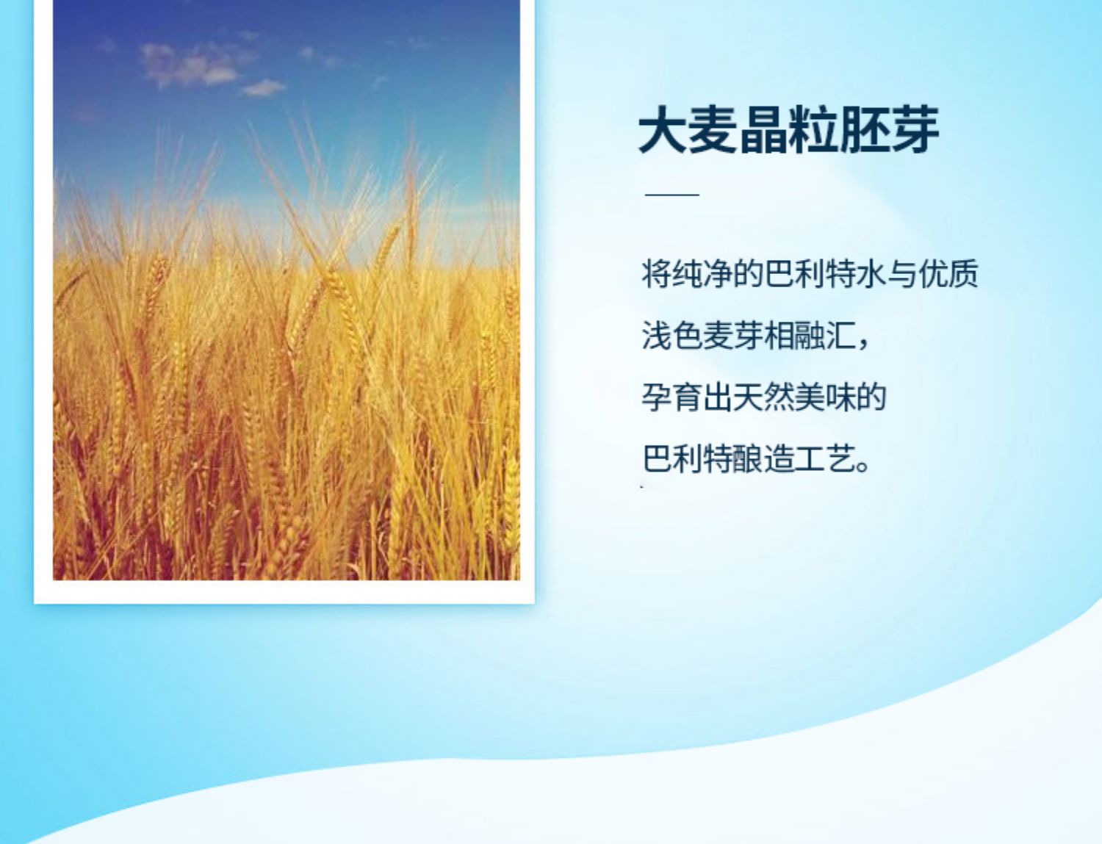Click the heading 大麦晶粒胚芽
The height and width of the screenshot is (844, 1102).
click(788, 130)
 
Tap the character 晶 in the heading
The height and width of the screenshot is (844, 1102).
click(763, 130)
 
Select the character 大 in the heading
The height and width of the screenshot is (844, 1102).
click(662, 130)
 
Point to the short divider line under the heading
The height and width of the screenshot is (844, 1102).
click(672, 194)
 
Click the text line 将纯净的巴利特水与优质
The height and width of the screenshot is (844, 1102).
click(810, 274)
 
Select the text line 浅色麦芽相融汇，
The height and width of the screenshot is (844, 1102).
click(756, 336)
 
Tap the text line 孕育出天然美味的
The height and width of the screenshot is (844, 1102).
click(764, 397)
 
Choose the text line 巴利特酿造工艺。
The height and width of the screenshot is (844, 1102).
click(756, 459)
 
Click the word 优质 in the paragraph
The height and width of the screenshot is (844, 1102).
click(948, 274)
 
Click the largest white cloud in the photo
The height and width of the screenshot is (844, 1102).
click(190, 65)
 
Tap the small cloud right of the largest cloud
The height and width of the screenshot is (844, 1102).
click(263, 87)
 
